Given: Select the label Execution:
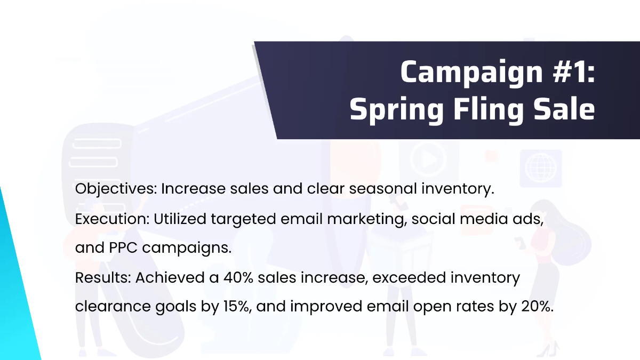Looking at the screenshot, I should point(111,219).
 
